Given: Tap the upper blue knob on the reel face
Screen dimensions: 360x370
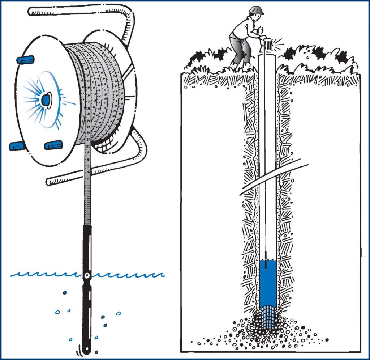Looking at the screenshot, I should point(25,59).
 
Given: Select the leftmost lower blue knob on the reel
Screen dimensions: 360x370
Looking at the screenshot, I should point(17,146).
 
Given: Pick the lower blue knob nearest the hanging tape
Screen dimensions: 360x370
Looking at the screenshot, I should point(53,145).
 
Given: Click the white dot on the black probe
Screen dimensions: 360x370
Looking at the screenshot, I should point(87,276).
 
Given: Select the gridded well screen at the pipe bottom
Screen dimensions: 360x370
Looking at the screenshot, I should point(268,316).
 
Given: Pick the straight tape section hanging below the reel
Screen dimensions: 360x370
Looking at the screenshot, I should point(87,188).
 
